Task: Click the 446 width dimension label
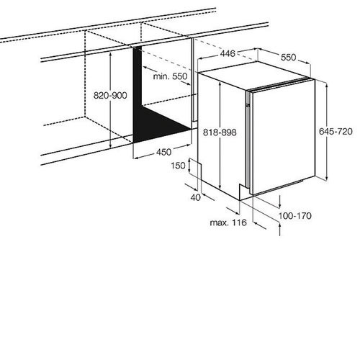pyautogui.click(x=228, y=53)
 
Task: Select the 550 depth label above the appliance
pyautogui.click(x=289, y=58)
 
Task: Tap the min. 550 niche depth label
pyautogui.click(x=170, y=76)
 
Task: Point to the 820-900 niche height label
pyautogui.click(x=110, y=96)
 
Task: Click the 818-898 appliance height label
pyautogui.click(x=220, y=132)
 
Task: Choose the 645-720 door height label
pyautogui.click(x=336, y=131)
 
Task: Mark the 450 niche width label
pyautogui.click(x=164, y=152)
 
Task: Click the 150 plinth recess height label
pyautogui.click(x=178, y=166)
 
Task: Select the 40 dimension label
pyautogui.click(x=196, y=197)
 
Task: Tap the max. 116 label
pyautogui.click(x=228, y=222)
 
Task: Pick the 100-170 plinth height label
pyautogui.click(x=295, y=216)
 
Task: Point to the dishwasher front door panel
pyautogui.click(x=283, y=138)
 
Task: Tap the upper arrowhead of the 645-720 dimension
pyautogui.click(x=326, y=86)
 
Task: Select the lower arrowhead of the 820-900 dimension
pyautogui.click(x=110, y=145)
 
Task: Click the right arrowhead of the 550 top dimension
pyautogui.click(x=307, y=63)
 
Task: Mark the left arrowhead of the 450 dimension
pyautogui.click(x=136, y=158)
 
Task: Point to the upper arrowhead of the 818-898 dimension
pyautogui.click(x=220, y=84)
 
